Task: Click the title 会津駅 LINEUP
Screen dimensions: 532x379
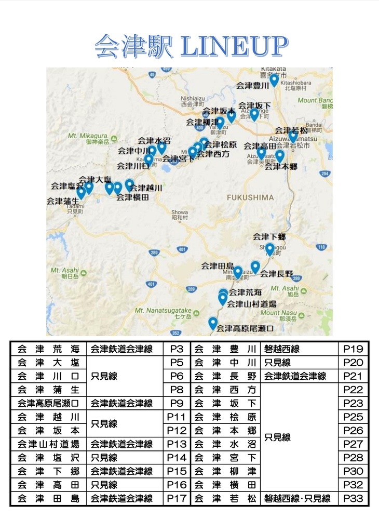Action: pyautogui.click(x=190, y=47)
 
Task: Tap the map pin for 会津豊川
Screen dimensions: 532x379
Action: pyautogui.click(x=274, y=80)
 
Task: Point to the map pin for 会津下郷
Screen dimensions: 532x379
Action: pyautogui.click(x=269, y=249)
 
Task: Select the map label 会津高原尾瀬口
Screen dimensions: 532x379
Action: pyautogui.click(x=245, y=328)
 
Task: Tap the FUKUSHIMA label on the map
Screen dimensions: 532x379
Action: pyautogui.click(x=250, y=197)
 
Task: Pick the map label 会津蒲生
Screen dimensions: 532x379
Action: pyautogui.click(x=62, y=201)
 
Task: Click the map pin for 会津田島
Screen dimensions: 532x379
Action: pyautogui.click(x=237, y=272)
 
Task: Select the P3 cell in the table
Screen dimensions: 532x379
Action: pyautogui.click(x=177, y=349)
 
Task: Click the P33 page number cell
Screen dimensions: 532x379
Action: pyautogui.click(x=353, y=499)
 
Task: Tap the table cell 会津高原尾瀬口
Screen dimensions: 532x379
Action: pyautogui.click(x=48, y=403)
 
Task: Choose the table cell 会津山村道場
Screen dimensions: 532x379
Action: pyautogui.click(x=48, y=444)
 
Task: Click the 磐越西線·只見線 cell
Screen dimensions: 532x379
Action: pyautogui.click(x=297, y=499)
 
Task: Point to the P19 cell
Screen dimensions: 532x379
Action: pyautogui.click(x=353, y=349)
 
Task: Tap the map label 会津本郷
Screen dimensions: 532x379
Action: pyautogui.click(x=280, y=167)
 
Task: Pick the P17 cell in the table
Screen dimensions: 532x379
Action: pyautogui.click(x=177, y=499)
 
